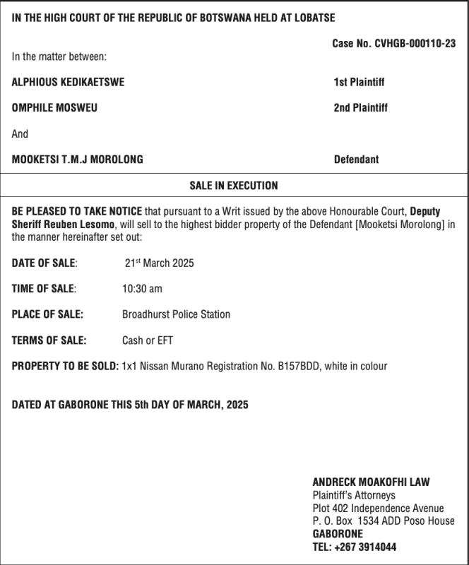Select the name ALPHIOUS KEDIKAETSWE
68,82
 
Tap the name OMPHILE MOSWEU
54,108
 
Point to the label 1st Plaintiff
359,82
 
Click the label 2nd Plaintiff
360,108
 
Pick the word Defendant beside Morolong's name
356,160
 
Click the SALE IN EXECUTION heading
234,186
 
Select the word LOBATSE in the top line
311,17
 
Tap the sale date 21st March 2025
159,263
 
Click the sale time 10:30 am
142,289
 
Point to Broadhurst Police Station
176,314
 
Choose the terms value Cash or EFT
148,340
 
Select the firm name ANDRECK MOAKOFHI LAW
371,482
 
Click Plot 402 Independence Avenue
378,509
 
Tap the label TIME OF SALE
44,289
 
